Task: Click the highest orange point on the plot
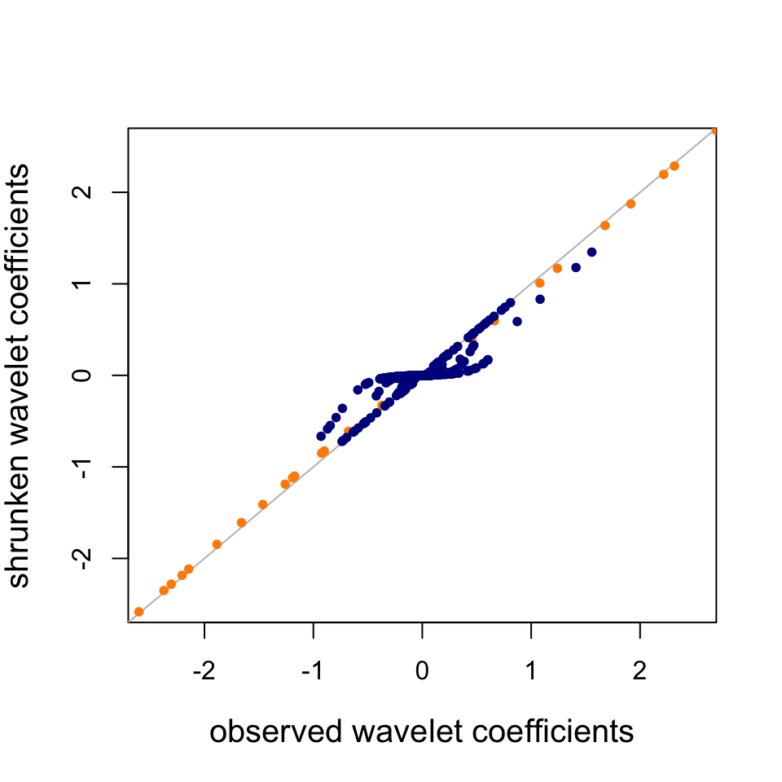(714, 130)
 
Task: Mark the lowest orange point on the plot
(138, 612)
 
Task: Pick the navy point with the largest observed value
(592, 252)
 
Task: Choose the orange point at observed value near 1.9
(630, 204)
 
